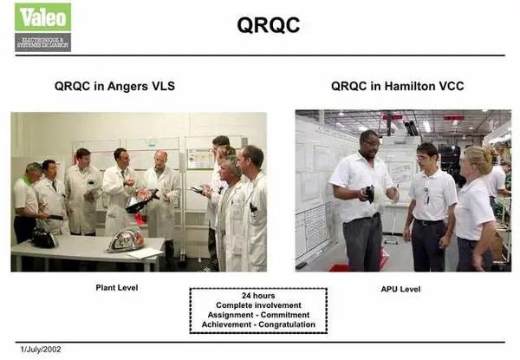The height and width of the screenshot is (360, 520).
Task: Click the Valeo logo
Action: tap(42, 27)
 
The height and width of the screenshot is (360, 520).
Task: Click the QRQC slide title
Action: tap(269, 26)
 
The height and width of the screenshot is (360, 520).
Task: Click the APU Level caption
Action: tap(400, 289)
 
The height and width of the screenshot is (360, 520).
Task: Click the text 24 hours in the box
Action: tap(258, 296)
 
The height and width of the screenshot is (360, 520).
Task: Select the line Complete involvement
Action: tap(258, 306)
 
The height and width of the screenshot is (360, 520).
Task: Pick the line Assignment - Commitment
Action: tap(258, 317)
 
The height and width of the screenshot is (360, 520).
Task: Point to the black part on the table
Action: tap(43, 237)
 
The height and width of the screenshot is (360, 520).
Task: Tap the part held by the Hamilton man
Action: tap(368, 193)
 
